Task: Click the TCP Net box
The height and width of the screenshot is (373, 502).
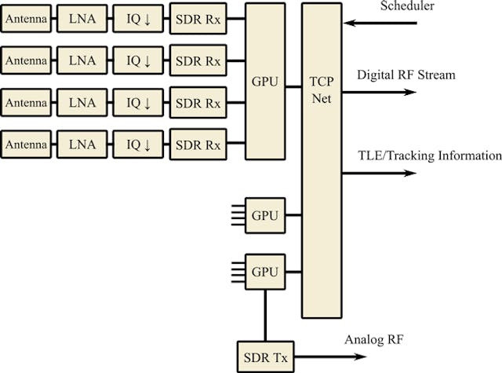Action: [x=322, y=160]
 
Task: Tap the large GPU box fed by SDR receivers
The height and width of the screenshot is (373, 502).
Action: [x=264, y=80]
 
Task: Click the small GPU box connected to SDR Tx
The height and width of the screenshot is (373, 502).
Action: [x=265, y=272]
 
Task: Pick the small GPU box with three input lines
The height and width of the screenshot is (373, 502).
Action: [x=265, y=214]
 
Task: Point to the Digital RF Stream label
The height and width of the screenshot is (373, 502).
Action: [x=406, y=75]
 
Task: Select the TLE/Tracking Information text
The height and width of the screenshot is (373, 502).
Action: [x=429, y=155]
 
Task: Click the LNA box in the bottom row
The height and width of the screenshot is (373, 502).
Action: [x=82, y=144]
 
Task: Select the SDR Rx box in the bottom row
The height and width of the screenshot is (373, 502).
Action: [x=198, y=144]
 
